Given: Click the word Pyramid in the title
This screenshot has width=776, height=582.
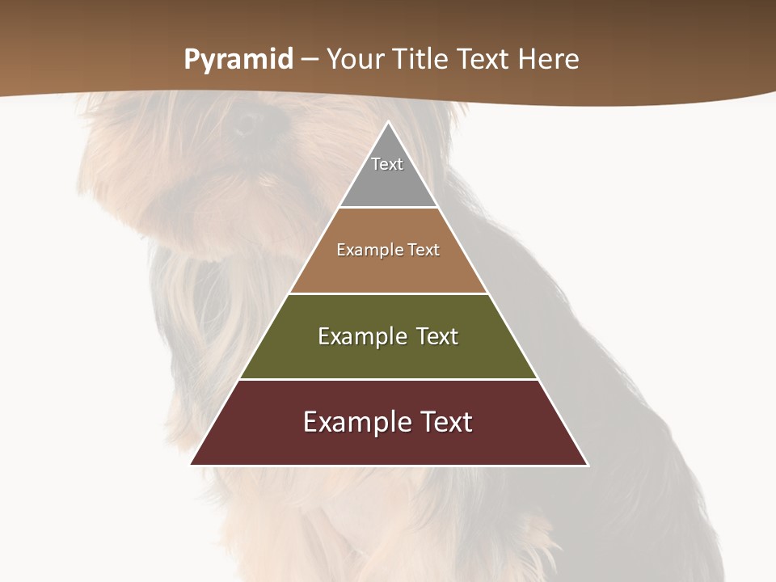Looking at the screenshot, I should point(238,60).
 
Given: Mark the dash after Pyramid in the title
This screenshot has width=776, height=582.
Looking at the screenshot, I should point(310,60).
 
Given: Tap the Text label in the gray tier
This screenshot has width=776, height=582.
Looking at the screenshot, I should point(387,164).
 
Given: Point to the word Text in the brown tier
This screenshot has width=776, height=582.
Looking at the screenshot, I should point(424,250).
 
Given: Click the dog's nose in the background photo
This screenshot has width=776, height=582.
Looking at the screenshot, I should point(247,121).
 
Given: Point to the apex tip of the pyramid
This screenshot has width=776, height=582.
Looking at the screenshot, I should point(388,123).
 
